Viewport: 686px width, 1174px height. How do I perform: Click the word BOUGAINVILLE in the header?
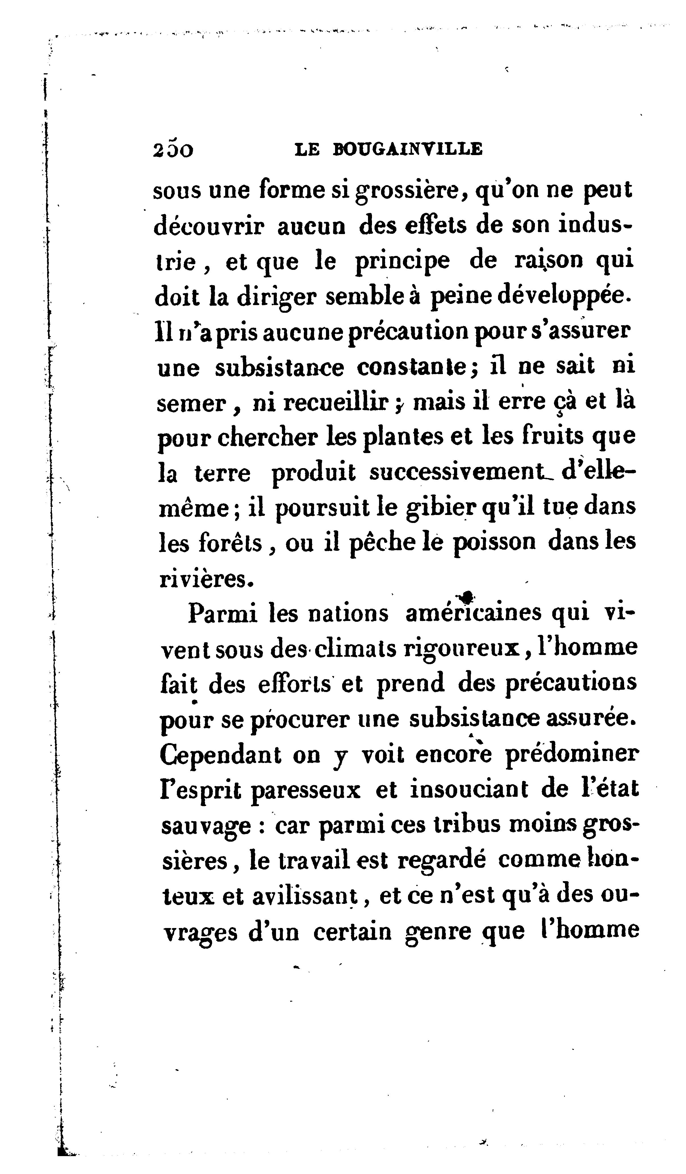pyautogui.click(x=408, y=149)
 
